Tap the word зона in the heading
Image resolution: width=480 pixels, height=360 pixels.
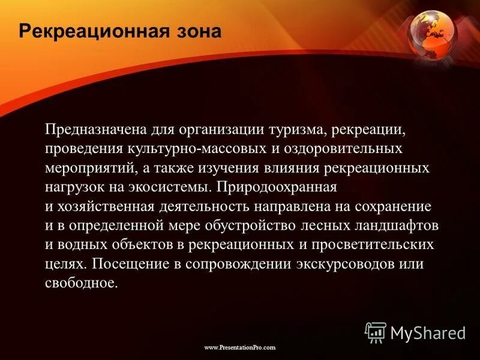[198, 31]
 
